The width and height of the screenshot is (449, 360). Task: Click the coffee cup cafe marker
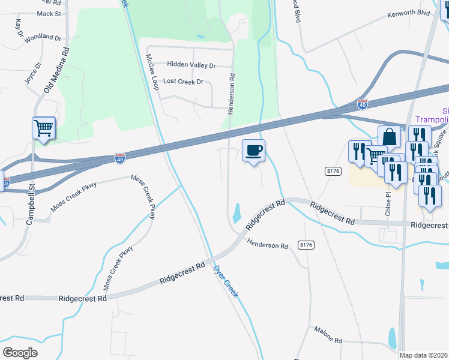click(253, 150)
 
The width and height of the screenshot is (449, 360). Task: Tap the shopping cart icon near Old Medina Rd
click(44, 128)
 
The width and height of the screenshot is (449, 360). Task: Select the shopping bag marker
click(389, 137)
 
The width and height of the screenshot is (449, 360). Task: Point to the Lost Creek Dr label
click(183, 82)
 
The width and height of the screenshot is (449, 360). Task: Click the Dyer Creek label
click(226, 282)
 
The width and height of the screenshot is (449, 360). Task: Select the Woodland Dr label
click(44, 37)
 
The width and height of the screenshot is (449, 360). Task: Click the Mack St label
click(49, 13)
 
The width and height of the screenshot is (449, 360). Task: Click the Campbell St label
click(30, 205)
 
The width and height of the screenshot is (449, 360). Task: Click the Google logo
click(20, 352)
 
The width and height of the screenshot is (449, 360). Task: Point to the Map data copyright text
click(423, 355)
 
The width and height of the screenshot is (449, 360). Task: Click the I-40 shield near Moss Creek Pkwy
click(120, 158)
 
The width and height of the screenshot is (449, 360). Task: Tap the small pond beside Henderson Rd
click(237, 212)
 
